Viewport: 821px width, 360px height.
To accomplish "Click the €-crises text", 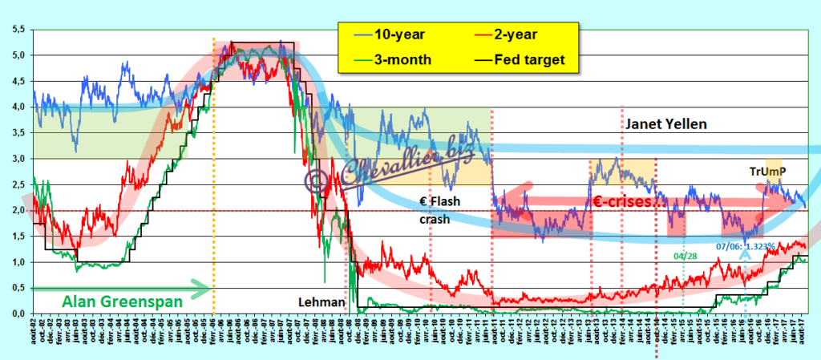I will [x=629, y=202].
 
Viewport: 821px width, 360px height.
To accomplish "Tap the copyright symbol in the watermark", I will [x=315, y=178].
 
